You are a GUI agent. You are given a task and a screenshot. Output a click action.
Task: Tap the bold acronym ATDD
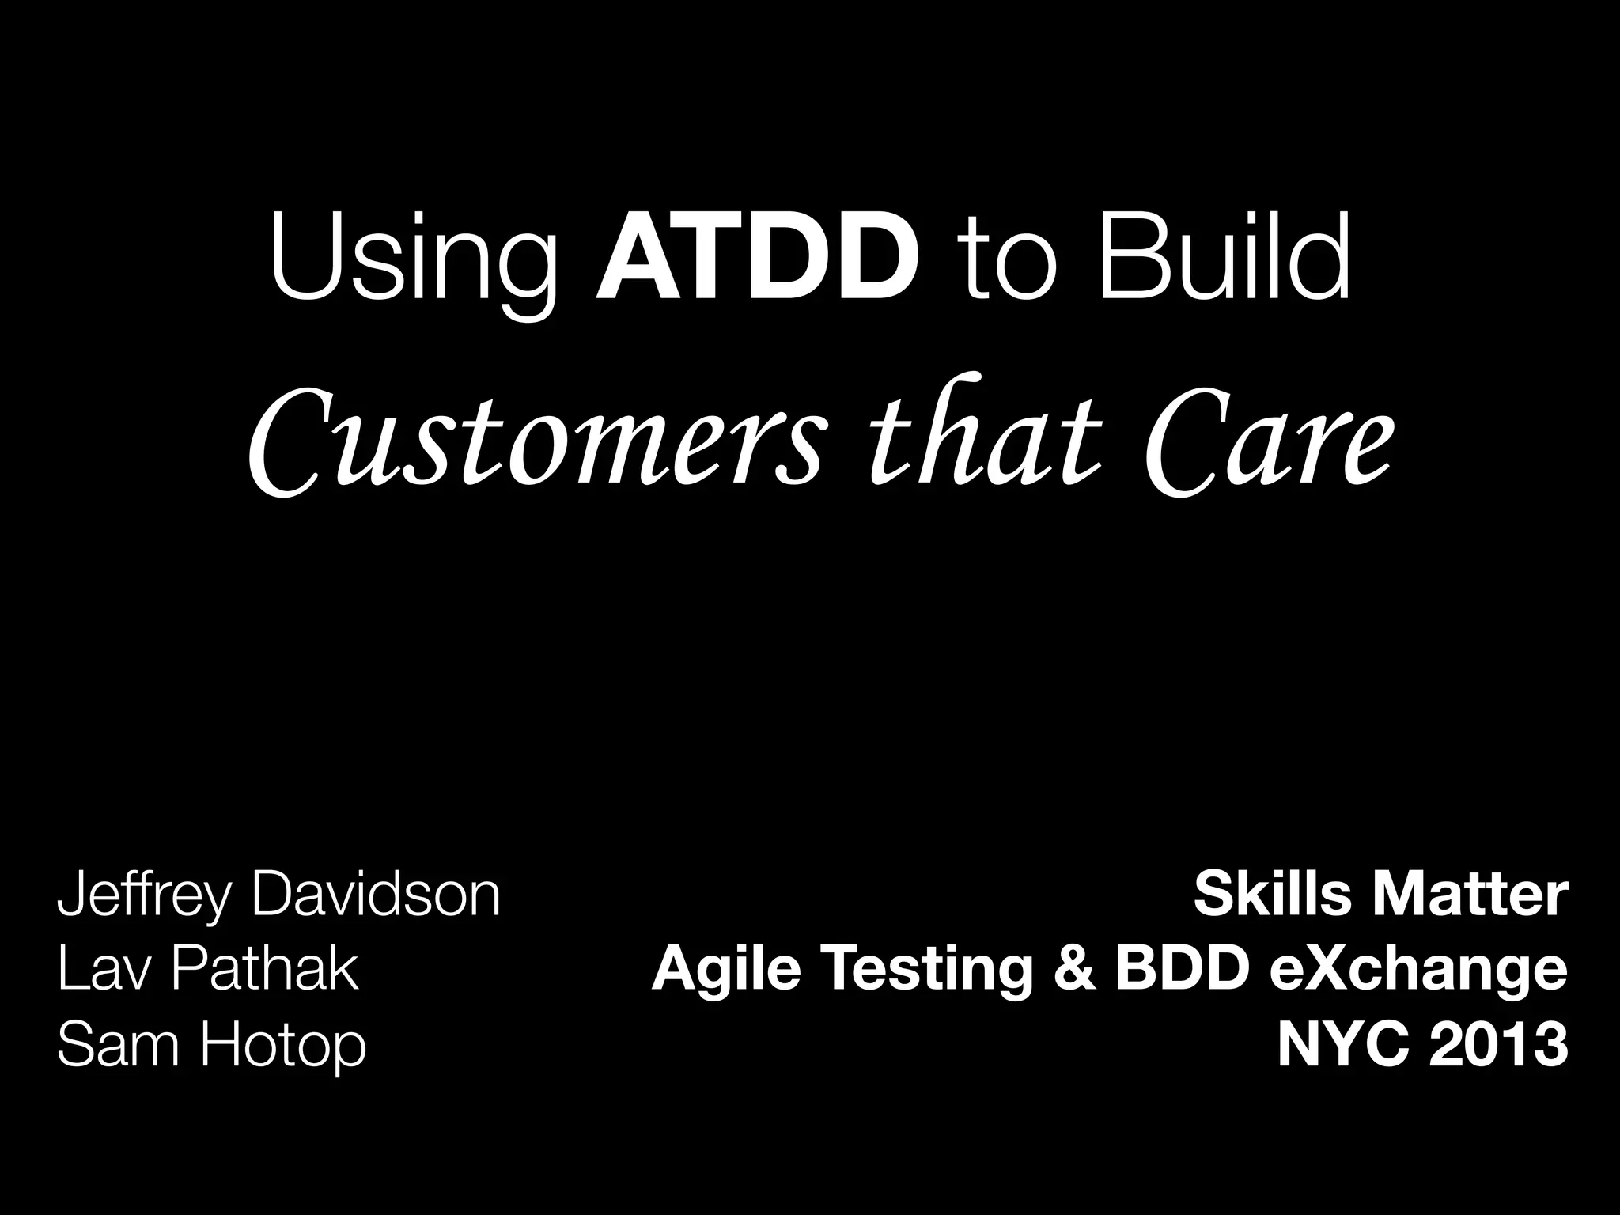click(758, 257)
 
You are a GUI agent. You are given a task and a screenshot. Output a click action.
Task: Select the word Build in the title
click(1224, 257)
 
